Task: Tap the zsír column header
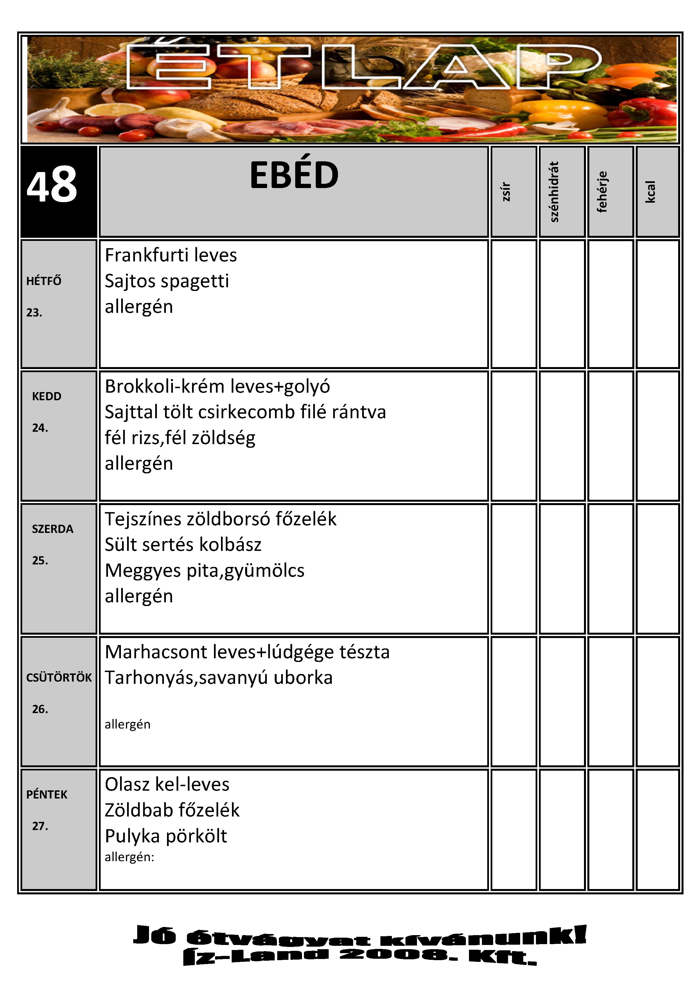(506, 191)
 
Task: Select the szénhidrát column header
(554, 191)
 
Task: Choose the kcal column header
(651, 191)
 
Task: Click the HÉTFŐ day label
(44, 281)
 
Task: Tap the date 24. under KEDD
(40, 428)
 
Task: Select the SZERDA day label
(52, 529)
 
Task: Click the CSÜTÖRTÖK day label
(59, 678)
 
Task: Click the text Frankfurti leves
(170, 255)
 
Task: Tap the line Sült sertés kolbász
(183, 544)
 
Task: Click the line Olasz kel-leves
(167, 784)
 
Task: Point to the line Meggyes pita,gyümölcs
(204, 570)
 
